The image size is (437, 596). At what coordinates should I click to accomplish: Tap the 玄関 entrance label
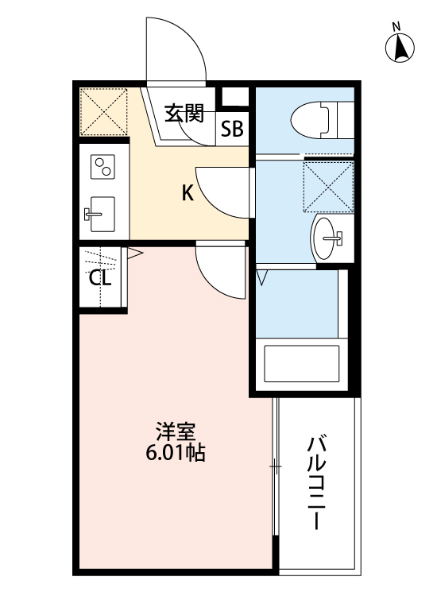click(184, 114)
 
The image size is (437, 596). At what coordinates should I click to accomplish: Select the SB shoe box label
click(233, 129)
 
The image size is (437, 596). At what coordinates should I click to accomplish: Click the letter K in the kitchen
click(188, 192)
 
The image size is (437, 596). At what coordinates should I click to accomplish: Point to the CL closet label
click(99, 278)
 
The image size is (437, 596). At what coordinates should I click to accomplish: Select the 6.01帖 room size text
click(176, 455)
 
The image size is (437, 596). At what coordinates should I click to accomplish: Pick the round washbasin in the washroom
click(327, 235)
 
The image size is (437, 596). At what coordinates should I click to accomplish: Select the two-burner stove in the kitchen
click(103, 168)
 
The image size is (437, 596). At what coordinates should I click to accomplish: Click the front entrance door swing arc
click(176, 49)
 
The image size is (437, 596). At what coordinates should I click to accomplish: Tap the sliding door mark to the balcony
click(276, 467)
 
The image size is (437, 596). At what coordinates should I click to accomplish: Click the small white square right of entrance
click(234, 98)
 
